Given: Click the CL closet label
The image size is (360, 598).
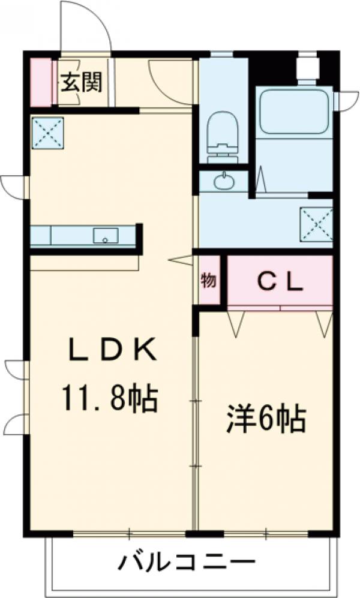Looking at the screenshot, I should coord(280,281).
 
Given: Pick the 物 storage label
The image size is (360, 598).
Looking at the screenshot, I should coord(208,281).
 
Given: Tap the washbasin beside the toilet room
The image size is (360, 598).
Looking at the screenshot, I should coord(224,181).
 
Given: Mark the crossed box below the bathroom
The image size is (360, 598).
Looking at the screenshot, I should coord(316,223).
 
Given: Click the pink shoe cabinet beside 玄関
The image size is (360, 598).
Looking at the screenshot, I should coord(40,82).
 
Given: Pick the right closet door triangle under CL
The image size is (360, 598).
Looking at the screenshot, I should coord(324,322).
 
